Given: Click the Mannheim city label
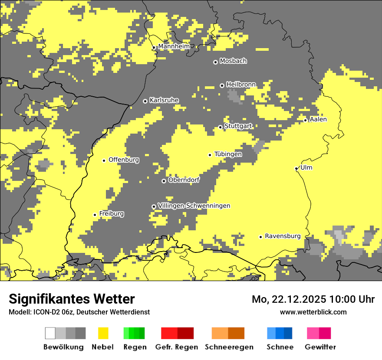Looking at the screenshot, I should click(174, 46).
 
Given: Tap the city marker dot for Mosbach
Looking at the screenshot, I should click(215, 62).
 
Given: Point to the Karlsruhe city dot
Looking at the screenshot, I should click(145, 101).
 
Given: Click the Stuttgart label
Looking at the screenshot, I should click(238, 126).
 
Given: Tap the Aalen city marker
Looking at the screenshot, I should click(305, 120).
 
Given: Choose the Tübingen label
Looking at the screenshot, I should click(228, 154).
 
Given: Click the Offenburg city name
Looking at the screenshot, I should click(124, 160).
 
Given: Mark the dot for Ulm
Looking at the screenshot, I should click(296, 168).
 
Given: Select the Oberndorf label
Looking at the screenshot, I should click(184, 180).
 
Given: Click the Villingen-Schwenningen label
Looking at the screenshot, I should click(194, 206).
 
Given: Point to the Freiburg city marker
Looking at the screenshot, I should click(95, 215).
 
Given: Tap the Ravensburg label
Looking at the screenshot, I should click(283, 236).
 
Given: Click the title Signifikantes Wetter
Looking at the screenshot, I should click(72, 299).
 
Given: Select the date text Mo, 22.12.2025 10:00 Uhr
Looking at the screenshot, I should click(313, 299).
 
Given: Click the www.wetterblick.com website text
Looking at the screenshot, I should click(313, 312).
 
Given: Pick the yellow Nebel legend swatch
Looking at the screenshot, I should click(103, 333).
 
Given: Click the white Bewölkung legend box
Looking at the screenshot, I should click(50, 333).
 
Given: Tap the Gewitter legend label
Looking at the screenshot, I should click(320, 347).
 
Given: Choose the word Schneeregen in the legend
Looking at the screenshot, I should click(229, 347).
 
